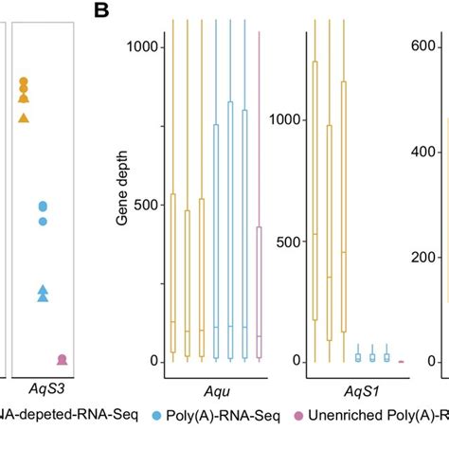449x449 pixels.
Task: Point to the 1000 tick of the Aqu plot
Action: (144, 45)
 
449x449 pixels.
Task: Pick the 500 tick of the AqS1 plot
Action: (288, 241)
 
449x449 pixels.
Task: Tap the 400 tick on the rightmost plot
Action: (432, 151)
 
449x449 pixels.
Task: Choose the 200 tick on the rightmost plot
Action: (432, 257)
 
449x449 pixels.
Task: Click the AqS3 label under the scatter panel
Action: (43, 386)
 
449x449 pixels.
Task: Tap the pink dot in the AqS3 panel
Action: (63, 360)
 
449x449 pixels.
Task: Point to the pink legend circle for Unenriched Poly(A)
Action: (298, 416)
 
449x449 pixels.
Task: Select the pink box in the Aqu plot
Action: (260, 293)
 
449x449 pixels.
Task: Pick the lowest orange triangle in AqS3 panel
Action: (25, 118)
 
